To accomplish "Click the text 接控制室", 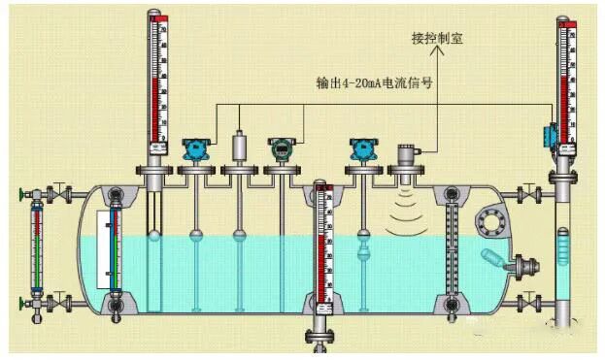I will tap(436, 39).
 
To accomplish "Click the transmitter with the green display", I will tap(282, 149).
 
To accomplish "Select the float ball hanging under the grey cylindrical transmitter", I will tap(238, 233).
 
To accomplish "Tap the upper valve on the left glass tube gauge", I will tap(58, 193).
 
